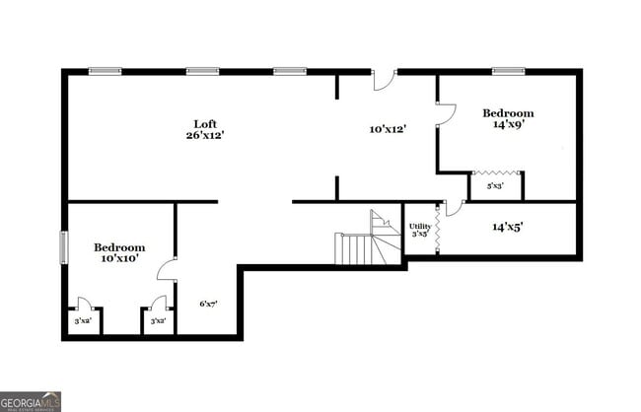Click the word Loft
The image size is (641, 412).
[x=204, y=124]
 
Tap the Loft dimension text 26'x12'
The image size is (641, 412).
[x=204, y=135]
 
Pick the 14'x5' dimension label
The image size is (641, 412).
[x=507, y=227]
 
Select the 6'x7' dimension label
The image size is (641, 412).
[x=208, y=304]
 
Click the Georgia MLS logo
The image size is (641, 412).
[x=31, y=401]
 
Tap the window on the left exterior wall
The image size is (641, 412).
[x=65, y=246]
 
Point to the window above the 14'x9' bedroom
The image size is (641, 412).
[x=508, y=71]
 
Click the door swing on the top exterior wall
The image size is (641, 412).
[x=384, y=79]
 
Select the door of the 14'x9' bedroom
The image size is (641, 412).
[x=447, y=114]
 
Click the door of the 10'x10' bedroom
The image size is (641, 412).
[x=167, y=270]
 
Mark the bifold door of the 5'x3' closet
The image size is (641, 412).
[x=495, y=172]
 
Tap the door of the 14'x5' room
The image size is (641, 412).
[x=454, y=207]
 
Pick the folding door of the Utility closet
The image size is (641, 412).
[x=436, y=229]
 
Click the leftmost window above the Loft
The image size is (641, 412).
[x=105, y=71]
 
